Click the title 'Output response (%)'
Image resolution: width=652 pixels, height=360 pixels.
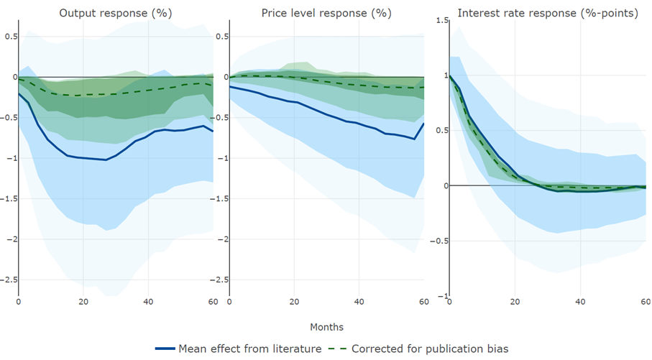[x=116, y=13]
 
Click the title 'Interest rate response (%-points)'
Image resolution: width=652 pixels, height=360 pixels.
[x=547, y=13]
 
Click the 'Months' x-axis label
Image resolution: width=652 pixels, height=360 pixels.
[x=327, y=327]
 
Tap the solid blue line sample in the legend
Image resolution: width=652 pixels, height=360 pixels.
[x=165, y=349]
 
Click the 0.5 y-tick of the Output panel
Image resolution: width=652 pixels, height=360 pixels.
[x=10, y=36]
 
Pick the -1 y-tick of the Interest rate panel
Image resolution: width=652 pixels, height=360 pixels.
[x=442, y=296]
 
